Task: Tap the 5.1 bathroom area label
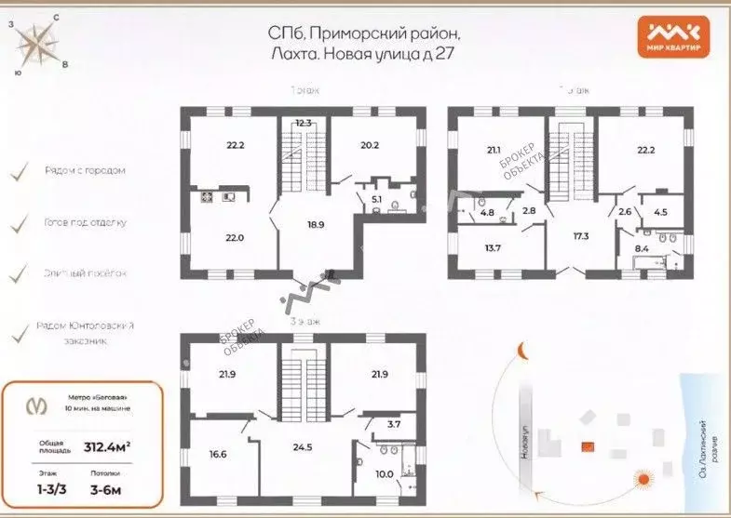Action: point(375,197)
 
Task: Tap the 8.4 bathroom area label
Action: point(642,249)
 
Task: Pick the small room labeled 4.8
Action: point(487,212)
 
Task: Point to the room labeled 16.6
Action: point(218,454)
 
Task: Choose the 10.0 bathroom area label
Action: point(383,474)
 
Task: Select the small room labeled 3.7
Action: point(393,424)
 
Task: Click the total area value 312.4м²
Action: point(106,446)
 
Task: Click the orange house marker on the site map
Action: point(588,446)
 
